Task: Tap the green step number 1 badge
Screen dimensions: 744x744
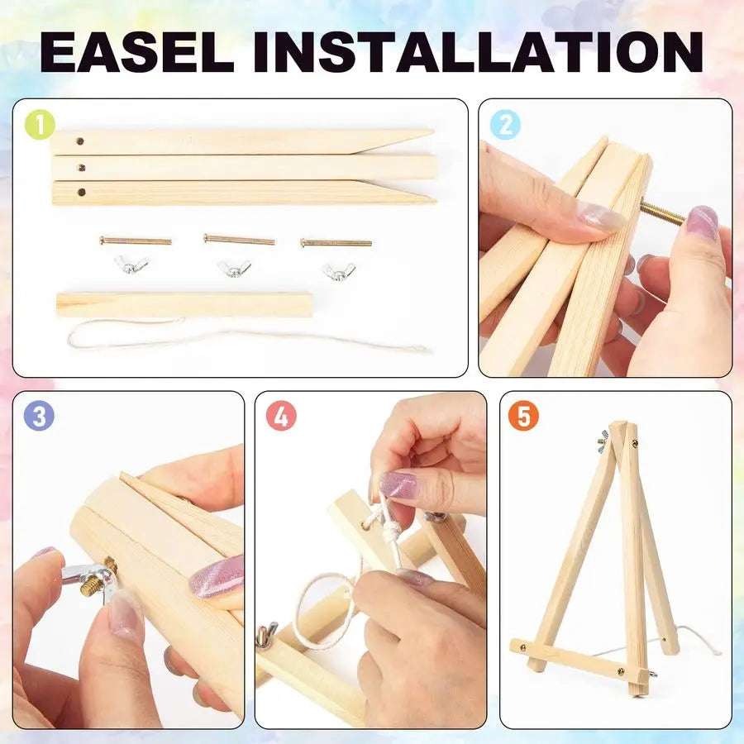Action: point(40,125)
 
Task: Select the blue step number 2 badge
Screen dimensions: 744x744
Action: point(505,125)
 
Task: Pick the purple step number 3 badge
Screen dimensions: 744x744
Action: point(39,416)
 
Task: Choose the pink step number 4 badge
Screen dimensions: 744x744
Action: point(281,416)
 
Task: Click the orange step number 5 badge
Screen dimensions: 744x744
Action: point(523,416)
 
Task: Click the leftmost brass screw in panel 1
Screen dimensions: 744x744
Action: point(136,241)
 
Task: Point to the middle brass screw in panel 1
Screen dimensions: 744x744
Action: point(239,241)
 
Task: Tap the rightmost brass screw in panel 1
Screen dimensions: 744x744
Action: point(336,243)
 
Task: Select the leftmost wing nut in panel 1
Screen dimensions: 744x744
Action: point(131,265)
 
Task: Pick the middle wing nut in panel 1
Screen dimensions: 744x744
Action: point(234,268)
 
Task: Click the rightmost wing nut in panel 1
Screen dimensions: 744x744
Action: point(338,270)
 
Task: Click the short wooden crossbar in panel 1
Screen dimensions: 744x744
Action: point(184,303)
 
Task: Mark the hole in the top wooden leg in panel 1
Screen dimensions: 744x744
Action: point(79,141)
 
